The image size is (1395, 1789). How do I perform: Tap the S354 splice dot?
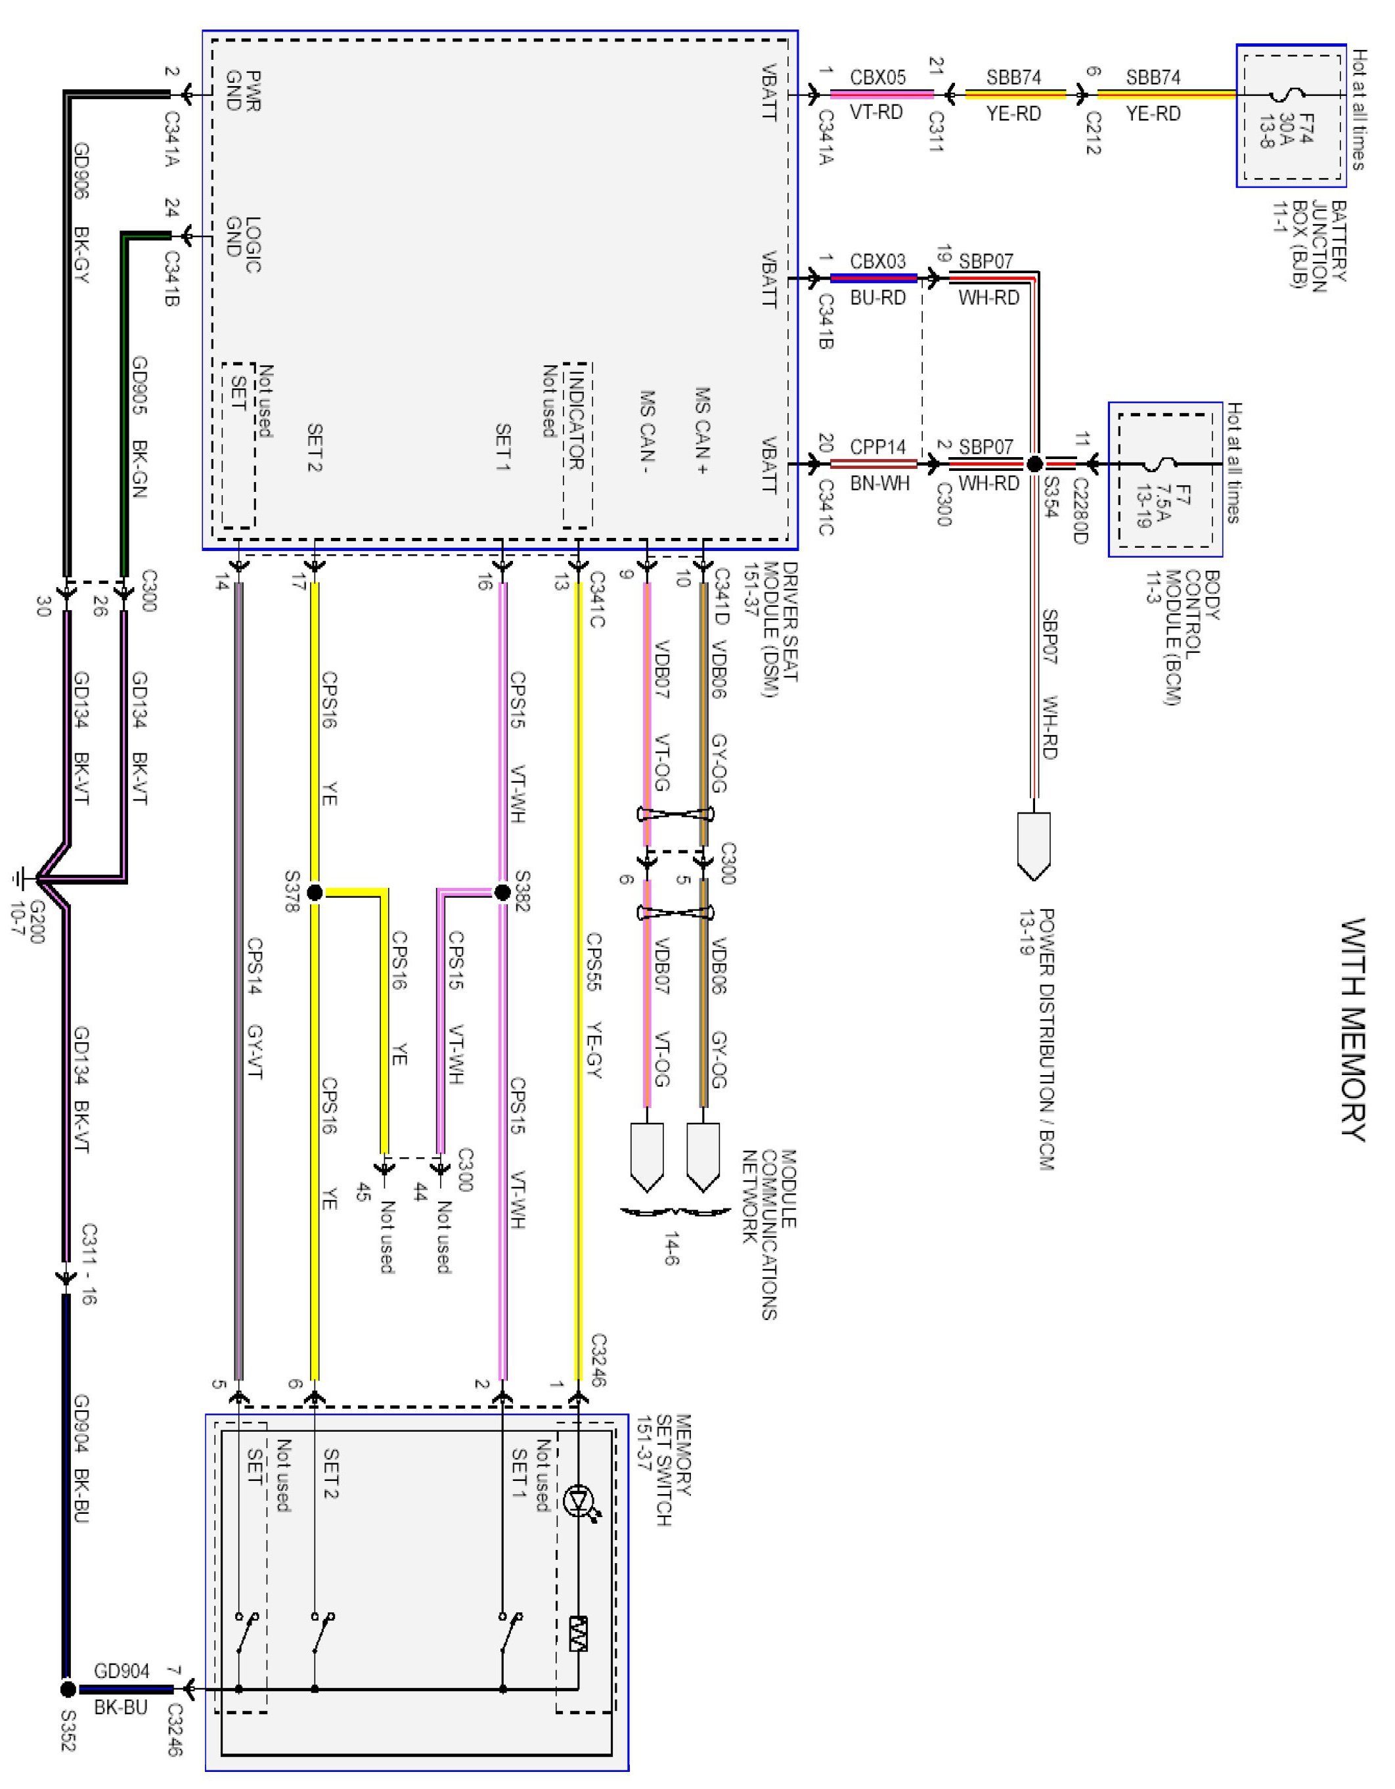pyautogui.click(x=1034, y=464)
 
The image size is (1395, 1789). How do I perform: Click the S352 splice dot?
pyautogui.click(x=68, y=1689)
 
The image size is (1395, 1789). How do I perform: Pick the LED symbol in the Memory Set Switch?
pyautogui.click(x=580, y=1501)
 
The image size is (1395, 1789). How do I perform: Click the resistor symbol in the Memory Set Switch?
pyautogui.click(x=579, y=1633)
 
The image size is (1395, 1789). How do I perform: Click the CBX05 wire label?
pyautogui.click(x=877, y=77)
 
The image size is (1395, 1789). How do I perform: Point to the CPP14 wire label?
pyautogui.click(x=877, y=447)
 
